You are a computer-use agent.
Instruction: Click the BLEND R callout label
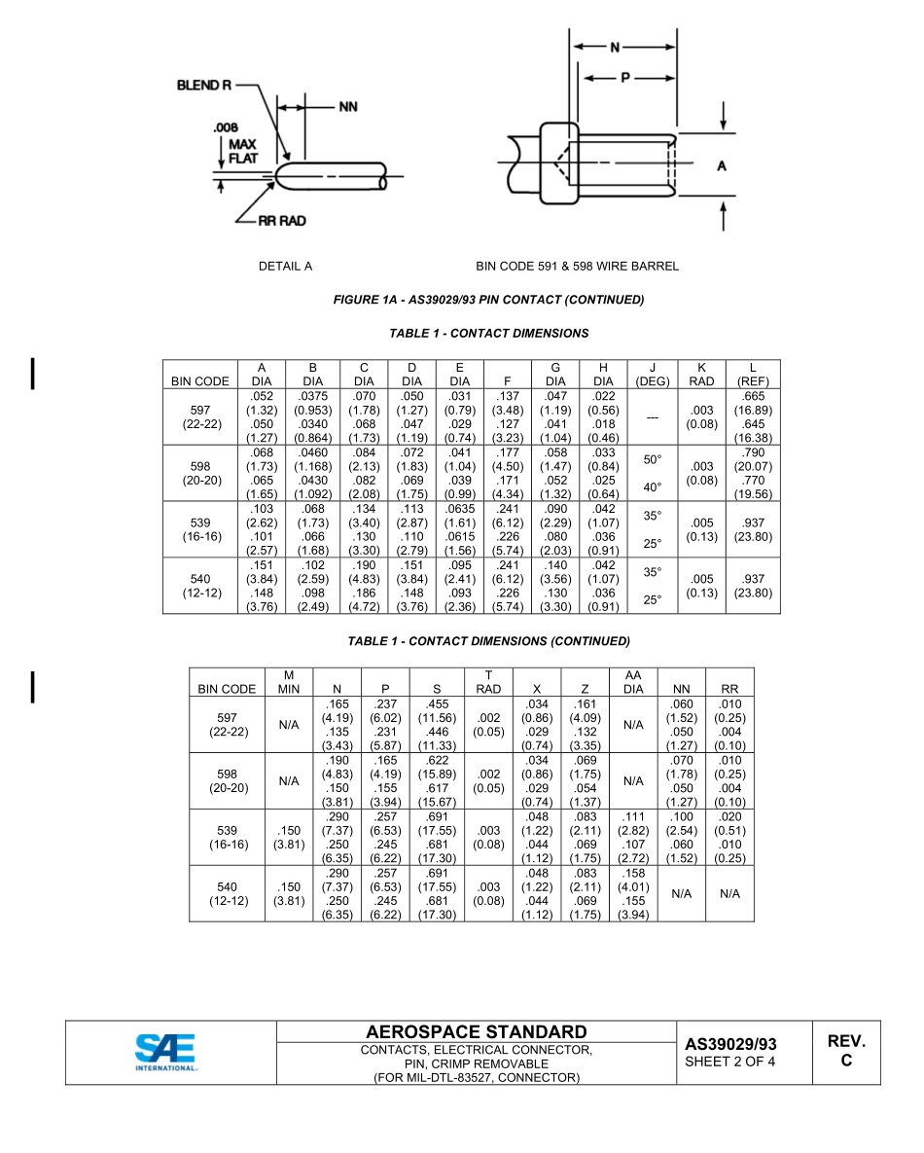(203, 86)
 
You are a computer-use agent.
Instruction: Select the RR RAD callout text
(281, 221)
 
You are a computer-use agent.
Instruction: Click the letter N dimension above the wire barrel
(615, 47)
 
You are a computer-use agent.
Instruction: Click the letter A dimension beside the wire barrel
(721, 166)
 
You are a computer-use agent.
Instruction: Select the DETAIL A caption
(285, 266)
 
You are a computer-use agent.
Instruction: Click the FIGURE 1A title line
(488, 300)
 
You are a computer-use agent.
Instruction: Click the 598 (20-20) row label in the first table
(201, 474)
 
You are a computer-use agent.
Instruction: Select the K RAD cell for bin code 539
(701, 529)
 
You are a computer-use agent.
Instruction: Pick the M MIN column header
(288, 682)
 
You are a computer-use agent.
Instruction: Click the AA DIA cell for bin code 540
(633, 894)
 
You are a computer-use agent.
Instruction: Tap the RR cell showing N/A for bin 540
(729, 894)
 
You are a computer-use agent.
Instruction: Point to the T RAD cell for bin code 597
(488, 725)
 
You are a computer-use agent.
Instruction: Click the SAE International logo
(165, 1052)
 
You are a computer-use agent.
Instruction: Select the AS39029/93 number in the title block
(730, 1044)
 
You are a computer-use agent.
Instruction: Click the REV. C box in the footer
(846, 1051)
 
